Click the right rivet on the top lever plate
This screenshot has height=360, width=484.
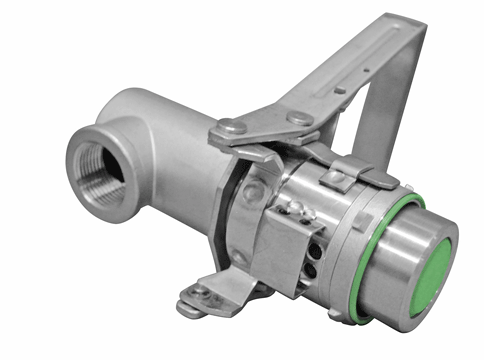pyautogui.click(x=298, y=118)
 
